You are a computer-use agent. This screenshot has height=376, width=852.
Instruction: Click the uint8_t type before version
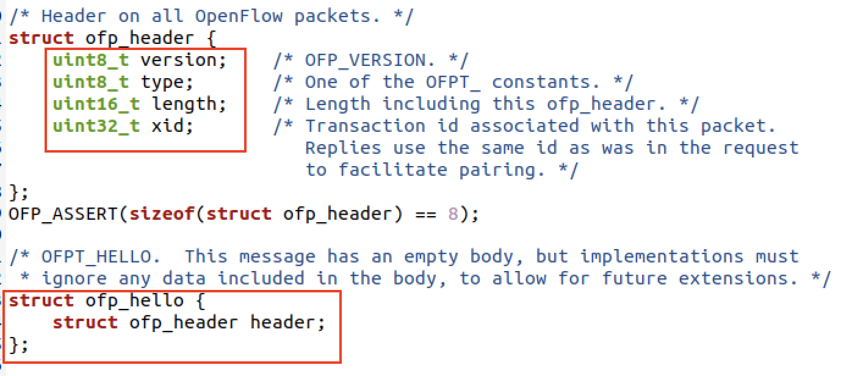point(90,60)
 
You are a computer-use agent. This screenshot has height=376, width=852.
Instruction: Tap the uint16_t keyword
point(96,104)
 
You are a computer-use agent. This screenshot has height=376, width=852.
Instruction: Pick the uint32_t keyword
point(96,126)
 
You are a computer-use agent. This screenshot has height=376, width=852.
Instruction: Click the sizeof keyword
point(162,215)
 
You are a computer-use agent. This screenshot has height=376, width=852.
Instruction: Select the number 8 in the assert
point(452,215)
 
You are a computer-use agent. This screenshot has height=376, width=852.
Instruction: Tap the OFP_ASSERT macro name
point(63,215)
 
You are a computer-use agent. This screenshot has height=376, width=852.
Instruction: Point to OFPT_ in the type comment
point(452,82)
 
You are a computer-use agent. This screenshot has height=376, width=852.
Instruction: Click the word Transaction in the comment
point(365,126)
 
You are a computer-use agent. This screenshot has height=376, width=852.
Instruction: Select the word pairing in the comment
point(497,170)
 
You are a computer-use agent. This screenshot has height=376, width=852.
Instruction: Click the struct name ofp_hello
point(134,301)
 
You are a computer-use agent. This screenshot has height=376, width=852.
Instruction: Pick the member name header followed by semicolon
point(283,323)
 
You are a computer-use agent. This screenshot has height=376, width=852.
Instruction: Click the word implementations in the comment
point(662,256)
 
